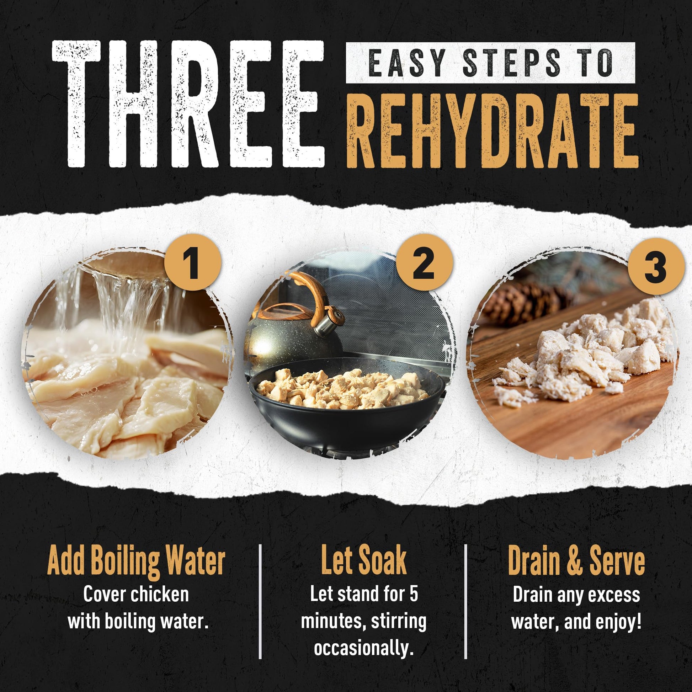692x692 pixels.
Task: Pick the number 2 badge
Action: [x=425, y=265]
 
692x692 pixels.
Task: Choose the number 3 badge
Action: [x=655, y=266]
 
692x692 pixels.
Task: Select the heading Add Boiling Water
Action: [x=136, y=561]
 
